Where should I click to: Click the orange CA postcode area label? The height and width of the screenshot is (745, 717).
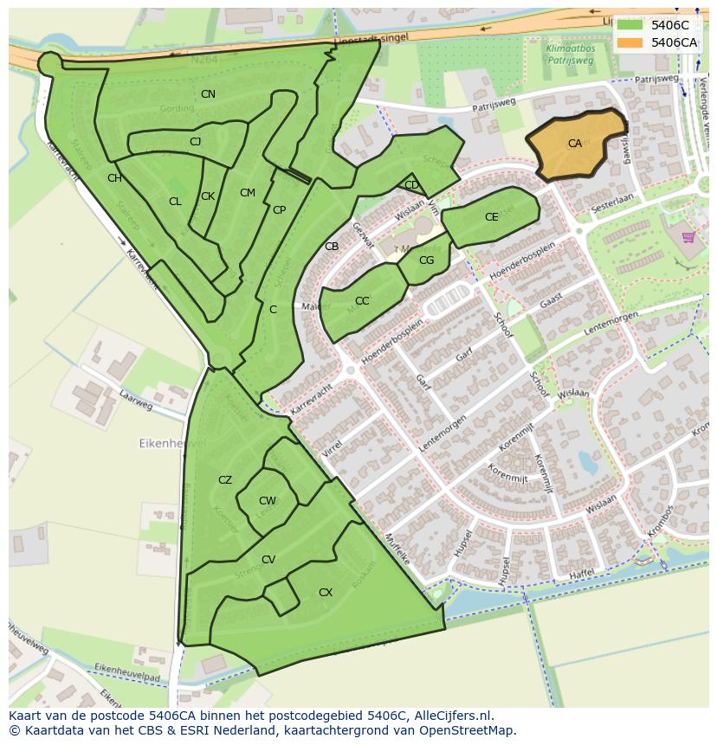[x=575, y=144]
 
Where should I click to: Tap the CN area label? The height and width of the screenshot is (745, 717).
[x=208, y=93]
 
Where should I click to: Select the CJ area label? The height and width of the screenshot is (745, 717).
[x=195, y=141]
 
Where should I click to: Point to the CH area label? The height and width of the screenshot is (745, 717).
[x=114, y=178]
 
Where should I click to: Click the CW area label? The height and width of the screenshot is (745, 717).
[x=268, y=501]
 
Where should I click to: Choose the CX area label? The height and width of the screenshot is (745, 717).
[x=326, y=593]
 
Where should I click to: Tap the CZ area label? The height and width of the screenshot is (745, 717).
[x=225, y=480]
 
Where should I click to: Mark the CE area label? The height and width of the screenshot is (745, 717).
[x=492, y=217]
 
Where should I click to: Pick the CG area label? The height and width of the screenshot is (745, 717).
[x=426, y=260]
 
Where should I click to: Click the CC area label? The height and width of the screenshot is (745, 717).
[x=362, y=301]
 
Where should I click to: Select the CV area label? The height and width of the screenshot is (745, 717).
[x=268, y=560]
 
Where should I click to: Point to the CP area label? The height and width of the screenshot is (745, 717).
[x=279, y=210]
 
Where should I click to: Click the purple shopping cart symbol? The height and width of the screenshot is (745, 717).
[x=688, y=237]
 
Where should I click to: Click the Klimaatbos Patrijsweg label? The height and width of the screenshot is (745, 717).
[x=570, y=56]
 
